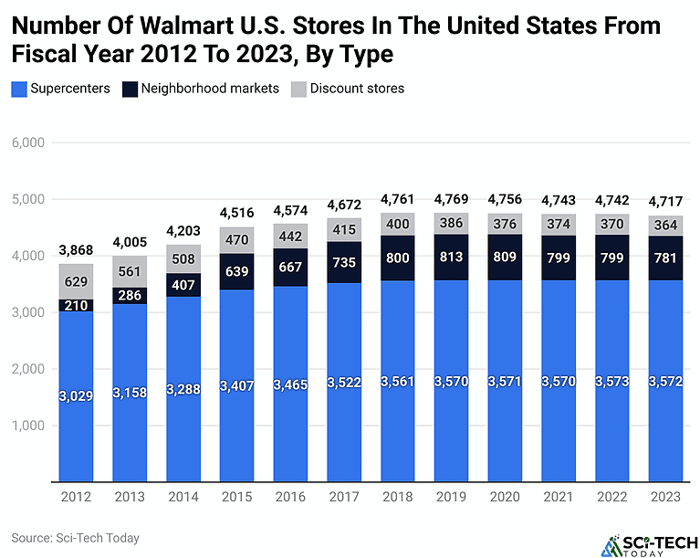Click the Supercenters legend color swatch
pos(18,89)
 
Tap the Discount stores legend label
pos(357,89)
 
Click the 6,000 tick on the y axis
pos(27,142)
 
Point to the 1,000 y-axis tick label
pos(27,426)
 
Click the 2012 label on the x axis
pos(76,497)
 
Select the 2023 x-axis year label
pos(665,497)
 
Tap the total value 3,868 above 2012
pos(76,250)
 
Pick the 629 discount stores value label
pos(76,281)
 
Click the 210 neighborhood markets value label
pos(76,305)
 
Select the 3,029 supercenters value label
pos(76,395)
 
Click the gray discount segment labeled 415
pos(343,229)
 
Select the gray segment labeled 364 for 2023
pos(665,225)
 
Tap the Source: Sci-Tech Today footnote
pos(76,538)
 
